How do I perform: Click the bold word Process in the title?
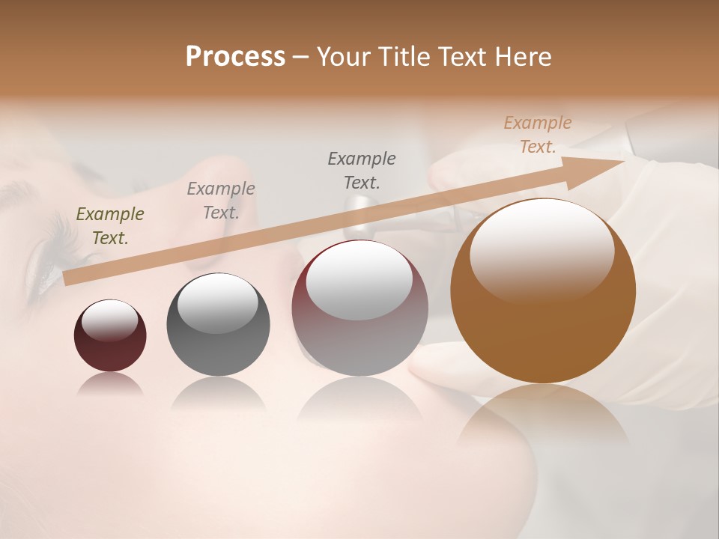point(235,57)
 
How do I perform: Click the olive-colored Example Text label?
point(110,226)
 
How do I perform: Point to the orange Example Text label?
point(538,135)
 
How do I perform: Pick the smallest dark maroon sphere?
point(110,336)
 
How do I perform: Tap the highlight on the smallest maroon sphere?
point(109,320)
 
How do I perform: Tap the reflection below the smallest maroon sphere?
point(110,383)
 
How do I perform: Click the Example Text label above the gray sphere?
point(221,201)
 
